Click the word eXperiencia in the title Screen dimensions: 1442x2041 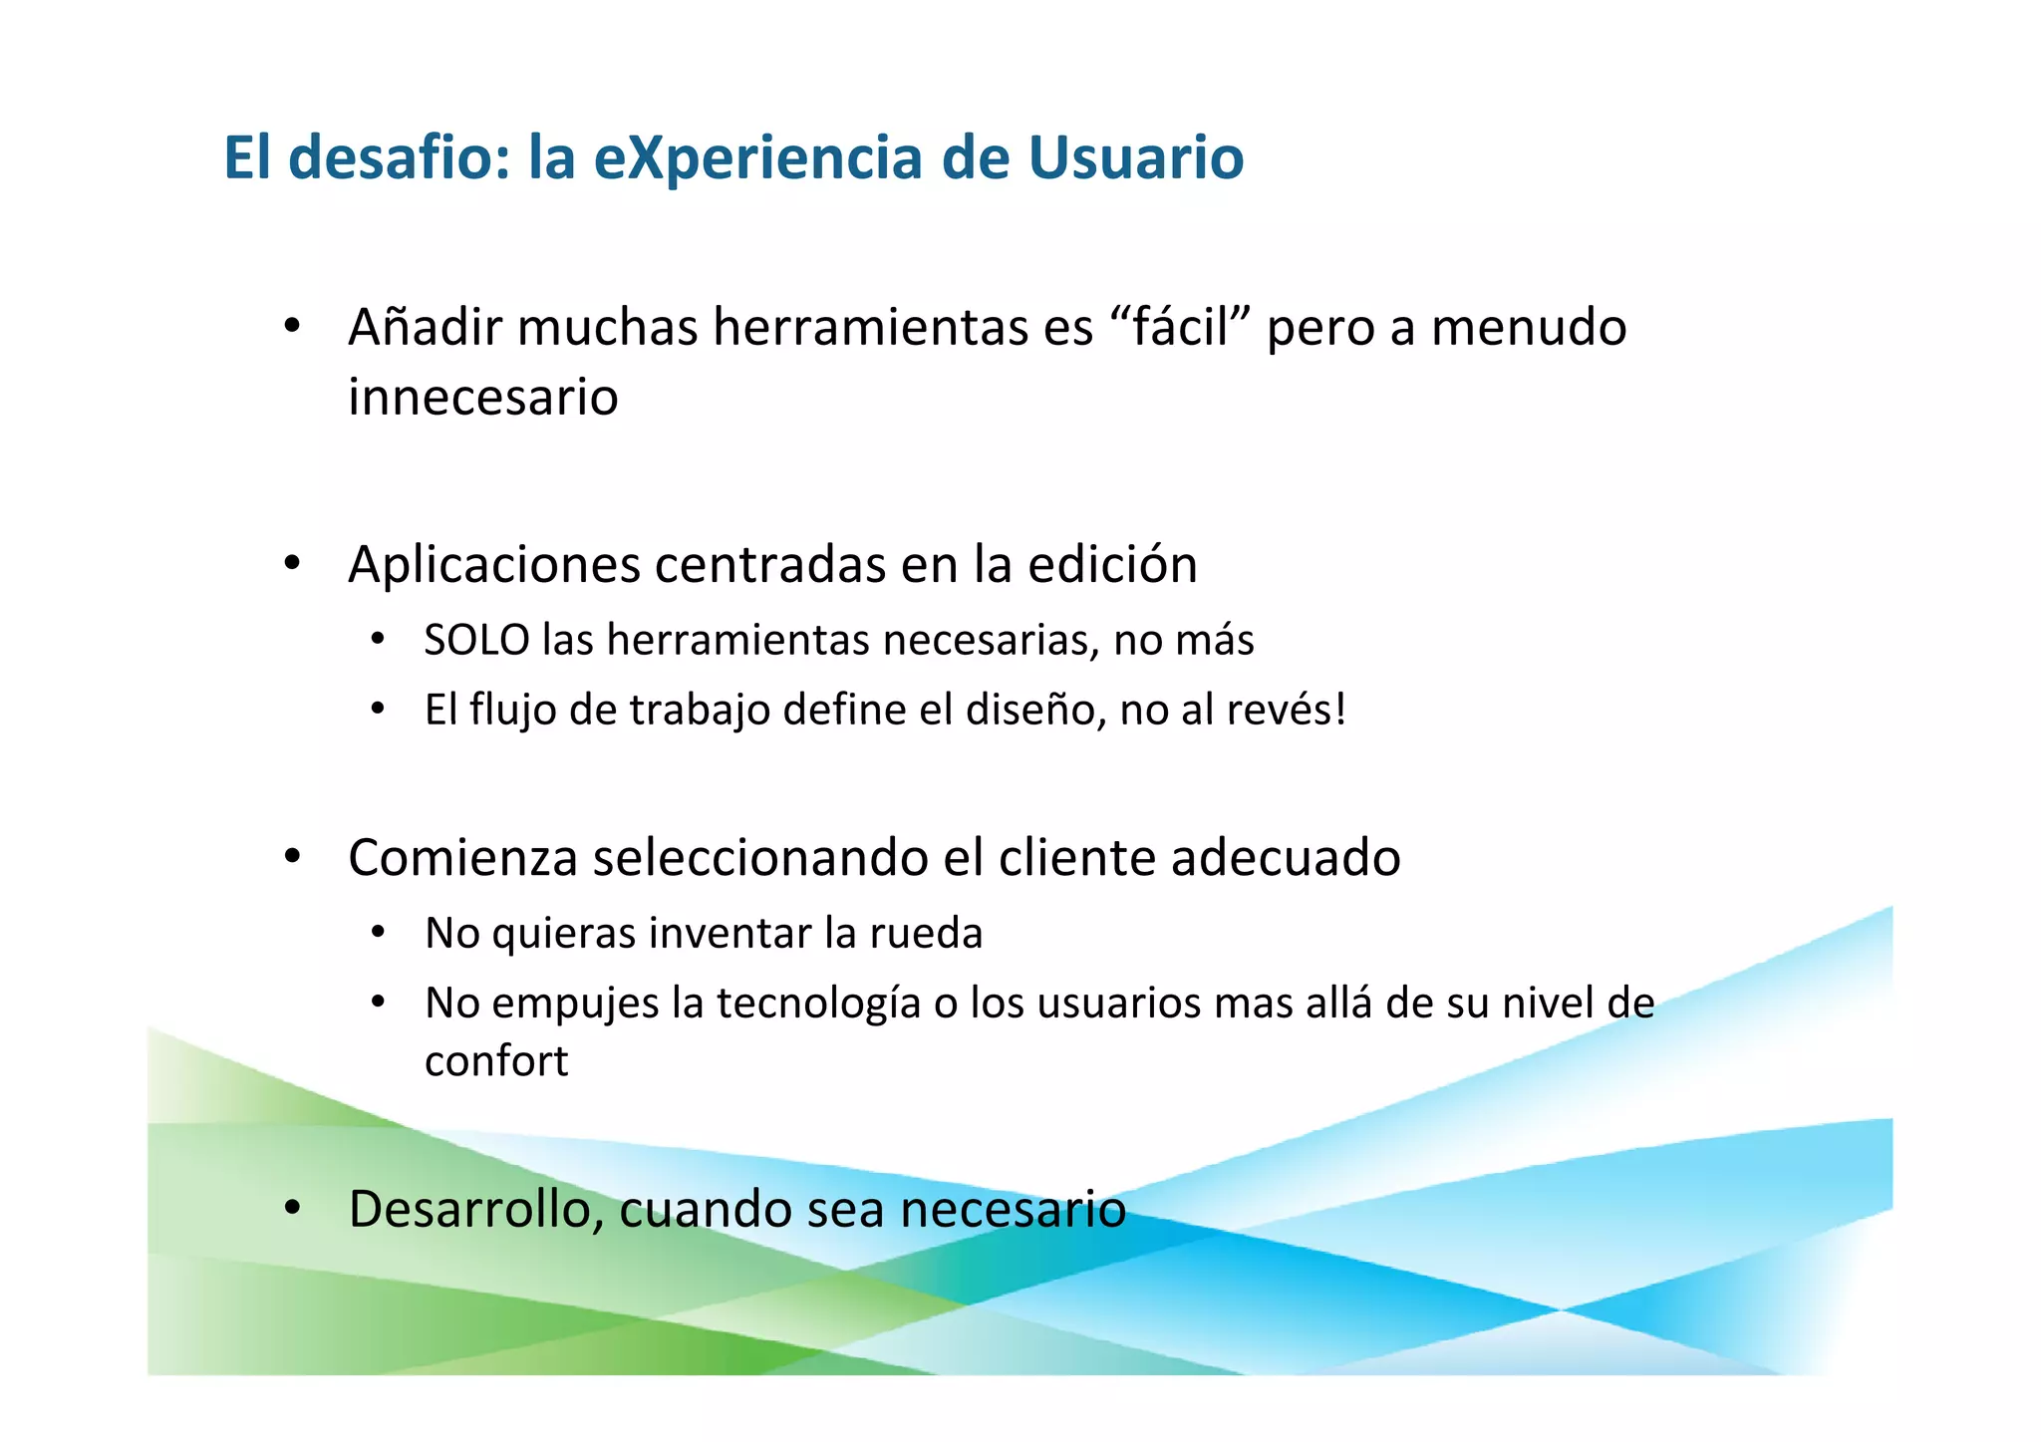[x=758, y=157]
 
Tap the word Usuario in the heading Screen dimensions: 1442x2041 [x=1135, y=157]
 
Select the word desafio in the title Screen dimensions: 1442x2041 [x=399, y=157]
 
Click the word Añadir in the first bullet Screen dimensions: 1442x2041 [x=424, y=327]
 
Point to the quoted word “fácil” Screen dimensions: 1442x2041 [x=1179, y=327]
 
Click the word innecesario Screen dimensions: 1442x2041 [x=483, y=397]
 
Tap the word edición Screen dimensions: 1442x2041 [x=1112, y=564]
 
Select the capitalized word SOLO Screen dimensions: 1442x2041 [x=476, y=640]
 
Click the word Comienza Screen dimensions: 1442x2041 [x=462, y=858]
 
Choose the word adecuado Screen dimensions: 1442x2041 [x=1286, y=858]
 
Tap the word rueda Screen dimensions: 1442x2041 [x=926, y=934]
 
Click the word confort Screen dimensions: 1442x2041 [x=496, y=1061]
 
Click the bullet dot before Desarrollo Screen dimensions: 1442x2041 [x=292, y=1209]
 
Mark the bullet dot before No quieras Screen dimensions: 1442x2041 [x=377, y=934]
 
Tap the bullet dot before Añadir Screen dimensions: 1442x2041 [x=292, y=327]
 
